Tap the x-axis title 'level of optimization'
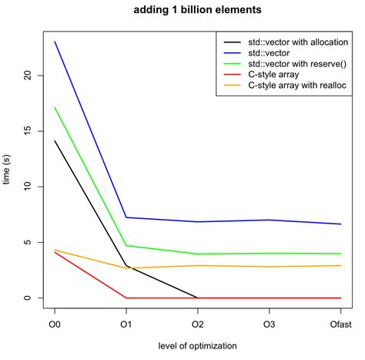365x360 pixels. (x=198, y=345)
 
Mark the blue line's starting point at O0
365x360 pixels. (x=55, y=42)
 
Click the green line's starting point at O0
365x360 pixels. (x=55, y=107)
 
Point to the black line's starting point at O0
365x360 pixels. (x=55, y=140)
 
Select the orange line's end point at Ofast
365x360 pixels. (x=340, y=265)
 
